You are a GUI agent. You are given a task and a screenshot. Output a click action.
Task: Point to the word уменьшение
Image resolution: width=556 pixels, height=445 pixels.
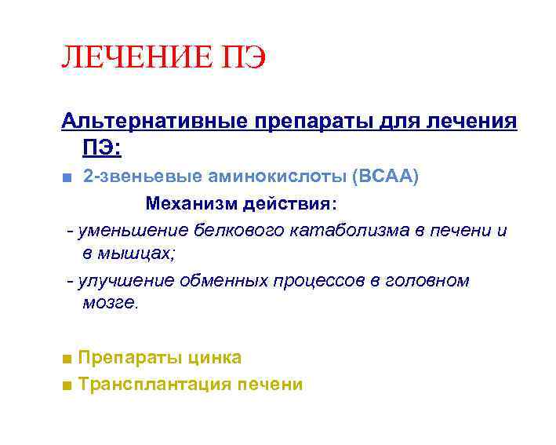129,231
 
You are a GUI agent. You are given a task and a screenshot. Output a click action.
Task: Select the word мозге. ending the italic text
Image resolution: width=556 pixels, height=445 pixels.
110,303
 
